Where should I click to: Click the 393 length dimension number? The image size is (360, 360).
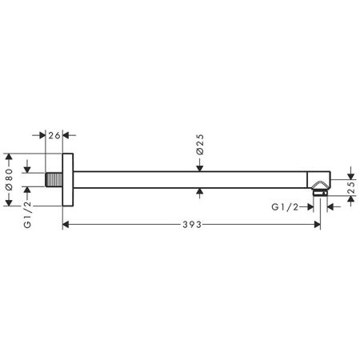[x=190, y=225]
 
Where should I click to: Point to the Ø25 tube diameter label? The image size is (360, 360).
[x=199, y=145]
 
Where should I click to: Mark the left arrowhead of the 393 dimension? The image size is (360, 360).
[x=68, y=226]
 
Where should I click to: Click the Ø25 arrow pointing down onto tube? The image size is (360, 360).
[x=199, y=166]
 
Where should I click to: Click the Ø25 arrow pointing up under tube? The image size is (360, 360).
[x=199, y=190]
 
